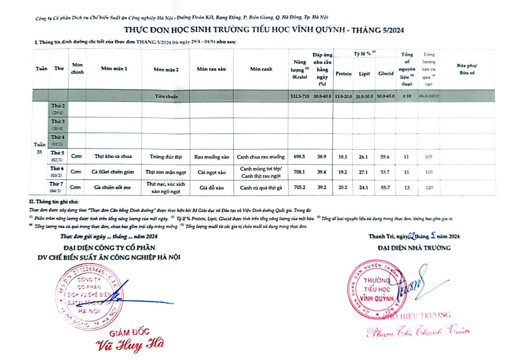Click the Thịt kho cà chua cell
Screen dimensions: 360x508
click(x=114, y=157)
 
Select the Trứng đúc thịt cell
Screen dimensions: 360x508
click(x=166, y=157)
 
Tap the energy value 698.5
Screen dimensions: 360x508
click(x=298, y=157)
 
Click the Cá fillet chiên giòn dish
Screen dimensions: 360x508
click(x=114, y=172)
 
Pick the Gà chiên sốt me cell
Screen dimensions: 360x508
click(x=114, y=187)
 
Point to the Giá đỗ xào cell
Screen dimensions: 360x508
click(x=211, y=187)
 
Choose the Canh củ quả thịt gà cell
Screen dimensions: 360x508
click(x=261, y=187)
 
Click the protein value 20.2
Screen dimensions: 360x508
click(x=343, y=187)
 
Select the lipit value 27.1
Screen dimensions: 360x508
click(x=364, y=172)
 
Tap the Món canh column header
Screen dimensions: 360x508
click(x=261, y=69)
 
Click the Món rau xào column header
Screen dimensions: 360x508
click(x=211, y=69)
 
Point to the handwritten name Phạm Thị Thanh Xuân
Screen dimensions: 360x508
click(x=418, y=331)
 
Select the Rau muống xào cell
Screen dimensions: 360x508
click(x=211, y=157)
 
